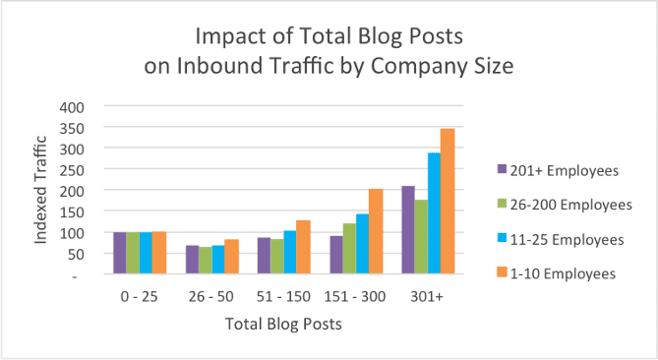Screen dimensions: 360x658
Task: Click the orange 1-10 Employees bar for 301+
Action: tap(448, 202)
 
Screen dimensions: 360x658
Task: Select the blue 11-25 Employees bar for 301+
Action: tap(434, 213)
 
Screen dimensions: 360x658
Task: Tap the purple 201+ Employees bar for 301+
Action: tap(408, 230)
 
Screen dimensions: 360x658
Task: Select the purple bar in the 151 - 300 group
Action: tap(336, 255)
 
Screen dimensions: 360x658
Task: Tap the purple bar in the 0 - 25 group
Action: tap(120, 253)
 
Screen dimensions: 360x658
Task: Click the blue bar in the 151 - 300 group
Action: tap(362, 244)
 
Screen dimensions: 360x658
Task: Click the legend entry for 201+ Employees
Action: tap(556, 170)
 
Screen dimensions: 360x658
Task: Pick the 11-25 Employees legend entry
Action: tap(557, 239)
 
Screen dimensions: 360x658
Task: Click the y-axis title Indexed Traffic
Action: tap(41, 190)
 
